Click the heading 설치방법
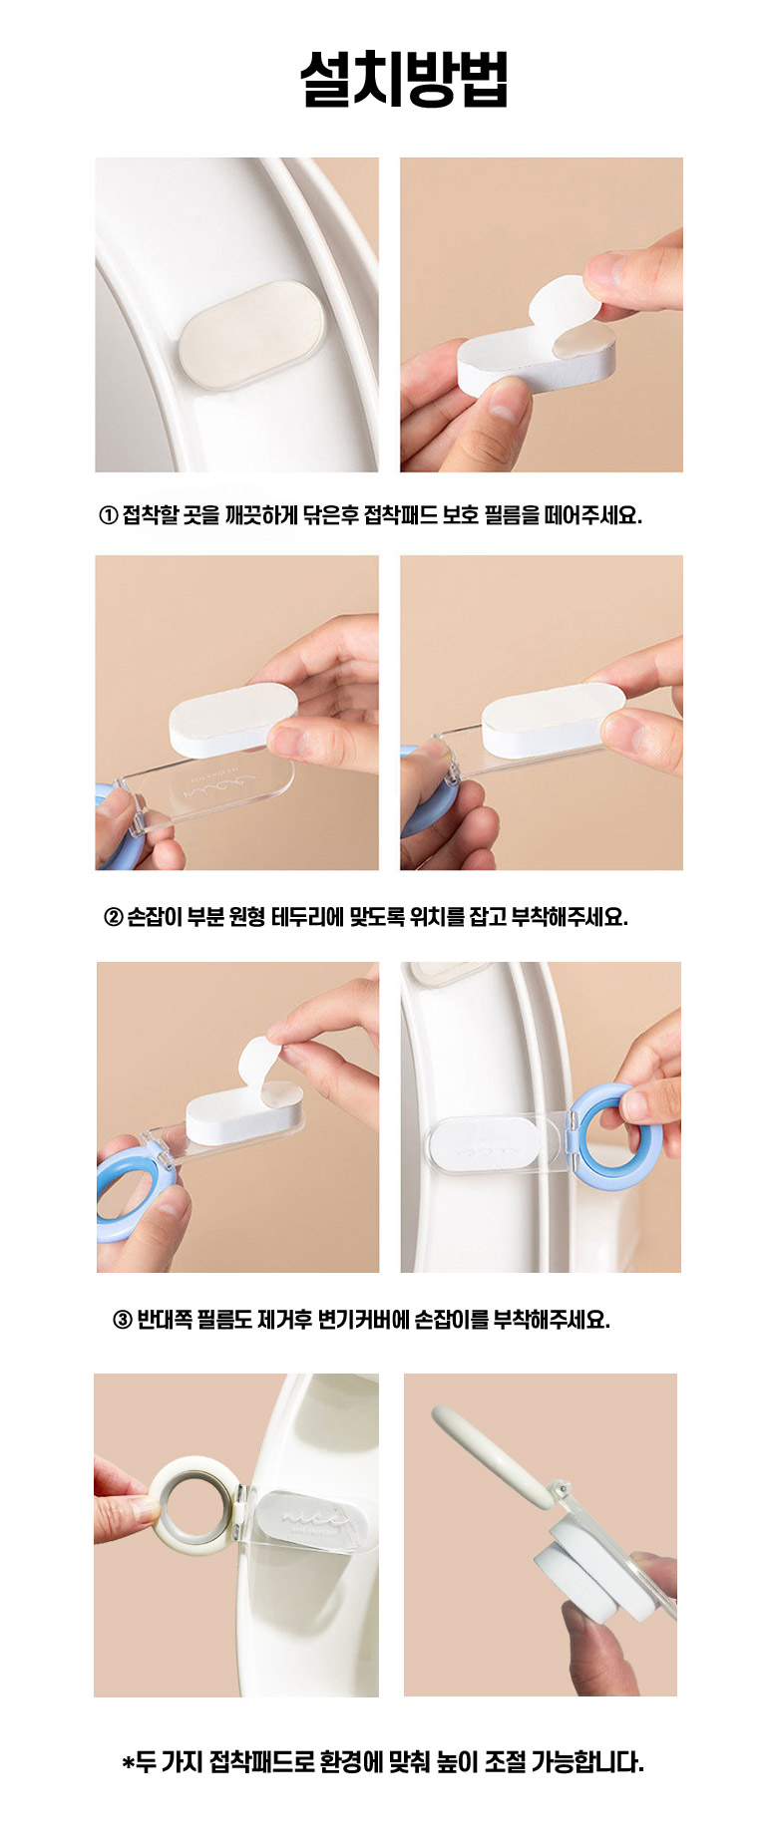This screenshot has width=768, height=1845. point(404,79)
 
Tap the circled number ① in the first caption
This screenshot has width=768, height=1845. point(109,515)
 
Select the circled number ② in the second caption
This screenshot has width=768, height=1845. point(114,917)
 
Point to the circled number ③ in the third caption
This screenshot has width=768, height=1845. point(122,1320)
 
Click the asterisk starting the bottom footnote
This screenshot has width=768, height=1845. point(128,1763)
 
